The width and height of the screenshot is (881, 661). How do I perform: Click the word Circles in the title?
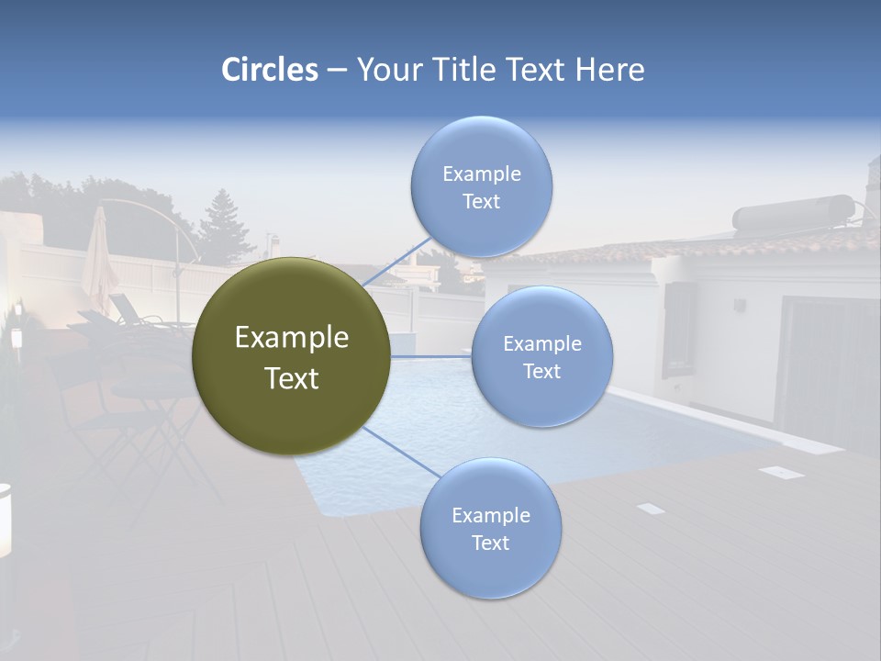point(269,70)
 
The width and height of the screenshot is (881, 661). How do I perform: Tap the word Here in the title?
point(609,70)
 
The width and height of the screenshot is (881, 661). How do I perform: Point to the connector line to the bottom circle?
point(400,452)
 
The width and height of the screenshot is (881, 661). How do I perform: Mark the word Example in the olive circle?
point(291,338)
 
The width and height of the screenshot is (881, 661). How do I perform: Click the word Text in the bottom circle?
point(490,543)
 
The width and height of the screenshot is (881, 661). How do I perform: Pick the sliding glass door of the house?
point(826,367)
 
